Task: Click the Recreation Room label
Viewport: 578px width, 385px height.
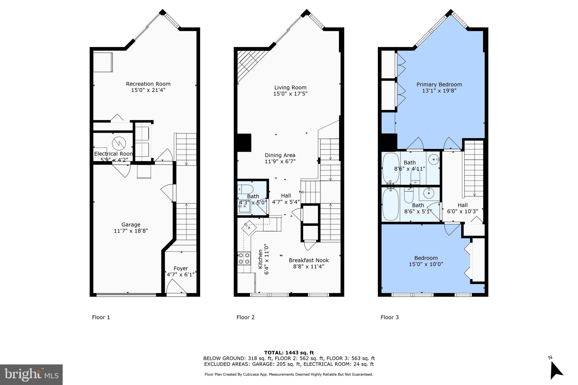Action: [x=148, y=84]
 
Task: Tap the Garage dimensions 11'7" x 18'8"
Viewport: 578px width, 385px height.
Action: [x=131, y=231]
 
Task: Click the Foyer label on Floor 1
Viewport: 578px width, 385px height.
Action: [x=181, y=269]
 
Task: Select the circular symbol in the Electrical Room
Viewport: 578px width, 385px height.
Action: [x=118, y=143]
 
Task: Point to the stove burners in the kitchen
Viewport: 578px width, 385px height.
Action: [x=244, y=258]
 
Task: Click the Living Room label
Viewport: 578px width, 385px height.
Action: [x=290, y=87]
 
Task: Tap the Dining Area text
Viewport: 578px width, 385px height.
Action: [x=280, y=155]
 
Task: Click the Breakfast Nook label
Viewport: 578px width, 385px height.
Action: [x=309, y=260]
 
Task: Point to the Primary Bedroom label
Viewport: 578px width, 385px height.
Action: [x=439, y=84]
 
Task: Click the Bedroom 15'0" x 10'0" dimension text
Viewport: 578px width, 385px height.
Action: [x=426, y=264]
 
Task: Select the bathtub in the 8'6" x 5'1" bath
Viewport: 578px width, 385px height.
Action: [x=390, y=204]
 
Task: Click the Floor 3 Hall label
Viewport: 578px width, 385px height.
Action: [x=463, y=205]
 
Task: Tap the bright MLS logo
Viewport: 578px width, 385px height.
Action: [x=31, y=375]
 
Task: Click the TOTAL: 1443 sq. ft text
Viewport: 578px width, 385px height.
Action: [x=289, y=353]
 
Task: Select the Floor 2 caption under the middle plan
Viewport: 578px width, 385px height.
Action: [x=246, y=317]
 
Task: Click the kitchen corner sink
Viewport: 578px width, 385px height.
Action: [x=249, y=227]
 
